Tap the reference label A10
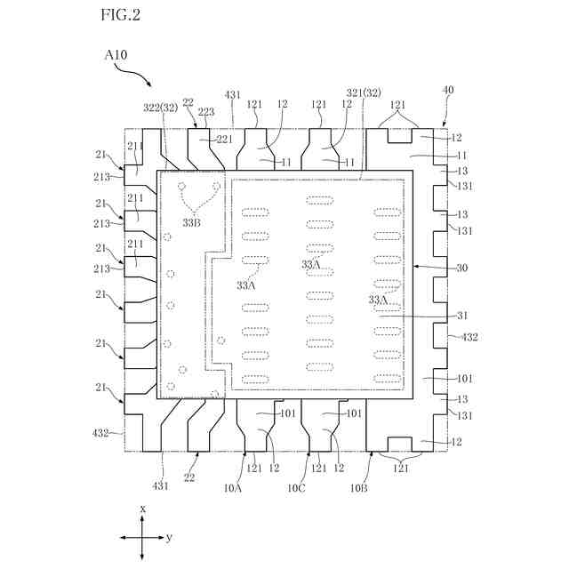[116, 56]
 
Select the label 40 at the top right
[448, 90]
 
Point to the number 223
[206, 112]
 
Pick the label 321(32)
[364, 92]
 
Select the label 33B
[192, 222]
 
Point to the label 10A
[233, 488]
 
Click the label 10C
[297, 488]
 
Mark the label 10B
[359, 488]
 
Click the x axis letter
[143, 508]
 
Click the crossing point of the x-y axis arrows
[142, 538]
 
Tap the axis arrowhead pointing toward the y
[161, 538]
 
